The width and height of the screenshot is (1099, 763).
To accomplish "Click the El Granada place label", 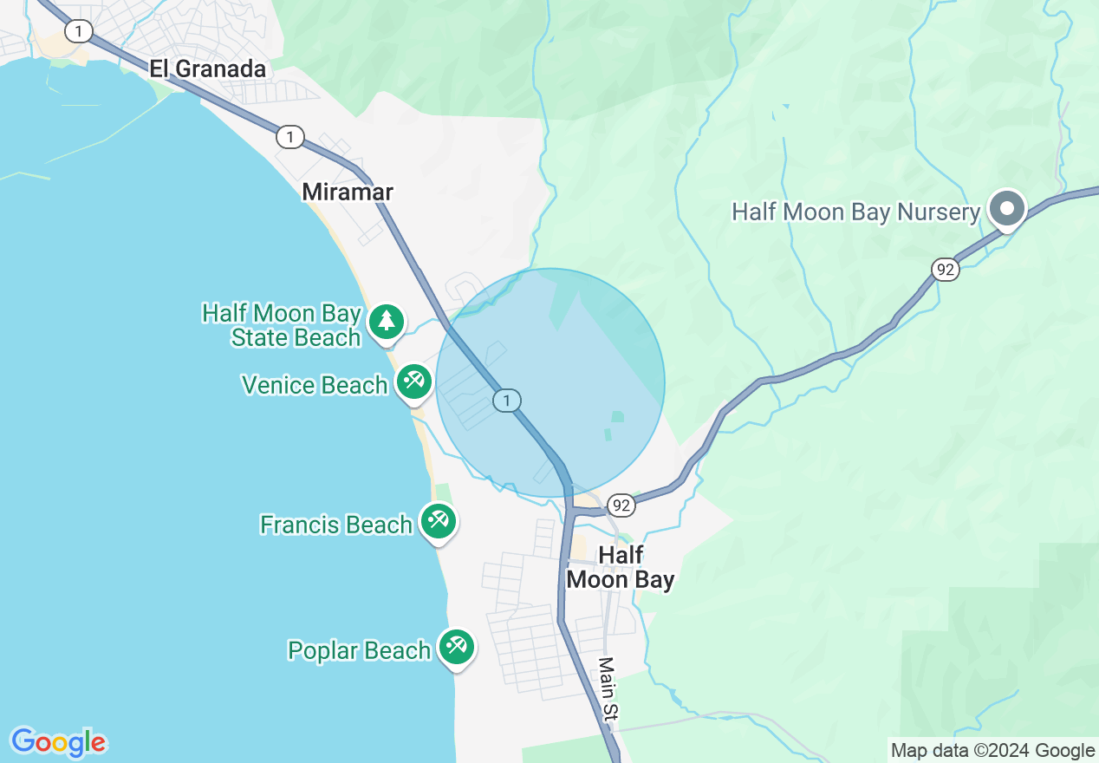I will [207, 69].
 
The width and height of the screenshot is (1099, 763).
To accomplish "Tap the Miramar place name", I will [348, 192].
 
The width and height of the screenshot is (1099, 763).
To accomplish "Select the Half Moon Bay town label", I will [621, 567].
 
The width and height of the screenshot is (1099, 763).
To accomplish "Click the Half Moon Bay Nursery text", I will [855, 212].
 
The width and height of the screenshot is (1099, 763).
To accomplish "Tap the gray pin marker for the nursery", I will [1007, 209].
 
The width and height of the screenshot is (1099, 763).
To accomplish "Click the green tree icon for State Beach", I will [387, 322].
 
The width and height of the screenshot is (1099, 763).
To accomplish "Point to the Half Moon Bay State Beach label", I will [282, 325].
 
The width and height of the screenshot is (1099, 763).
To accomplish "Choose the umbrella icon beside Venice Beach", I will [414, 381].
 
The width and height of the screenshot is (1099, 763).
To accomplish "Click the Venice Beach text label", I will [315, 385].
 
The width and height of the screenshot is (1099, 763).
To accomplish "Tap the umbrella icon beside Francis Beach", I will [439, 521].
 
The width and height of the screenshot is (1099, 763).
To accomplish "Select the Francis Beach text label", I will [336, 525].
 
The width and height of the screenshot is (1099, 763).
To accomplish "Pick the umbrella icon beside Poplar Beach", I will [456, 646].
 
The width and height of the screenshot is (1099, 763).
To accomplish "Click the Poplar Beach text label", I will [360, 650].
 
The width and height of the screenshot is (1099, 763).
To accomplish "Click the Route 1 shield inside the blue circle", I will [506, 400].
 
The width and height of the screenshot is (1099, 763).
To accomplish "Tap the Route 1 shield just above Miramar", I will [290, 136].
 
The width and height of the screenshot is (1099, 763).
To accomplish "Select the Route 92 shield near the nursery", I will [946, 270].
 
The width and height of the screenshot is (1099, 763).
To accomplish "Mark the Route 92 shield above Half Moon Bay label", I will [621, 505].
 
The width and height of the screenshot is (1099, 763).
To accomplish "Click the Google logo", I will [58, 742].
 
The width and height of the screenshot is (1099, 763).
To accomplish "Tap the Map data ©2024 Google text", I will [993, 751].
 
